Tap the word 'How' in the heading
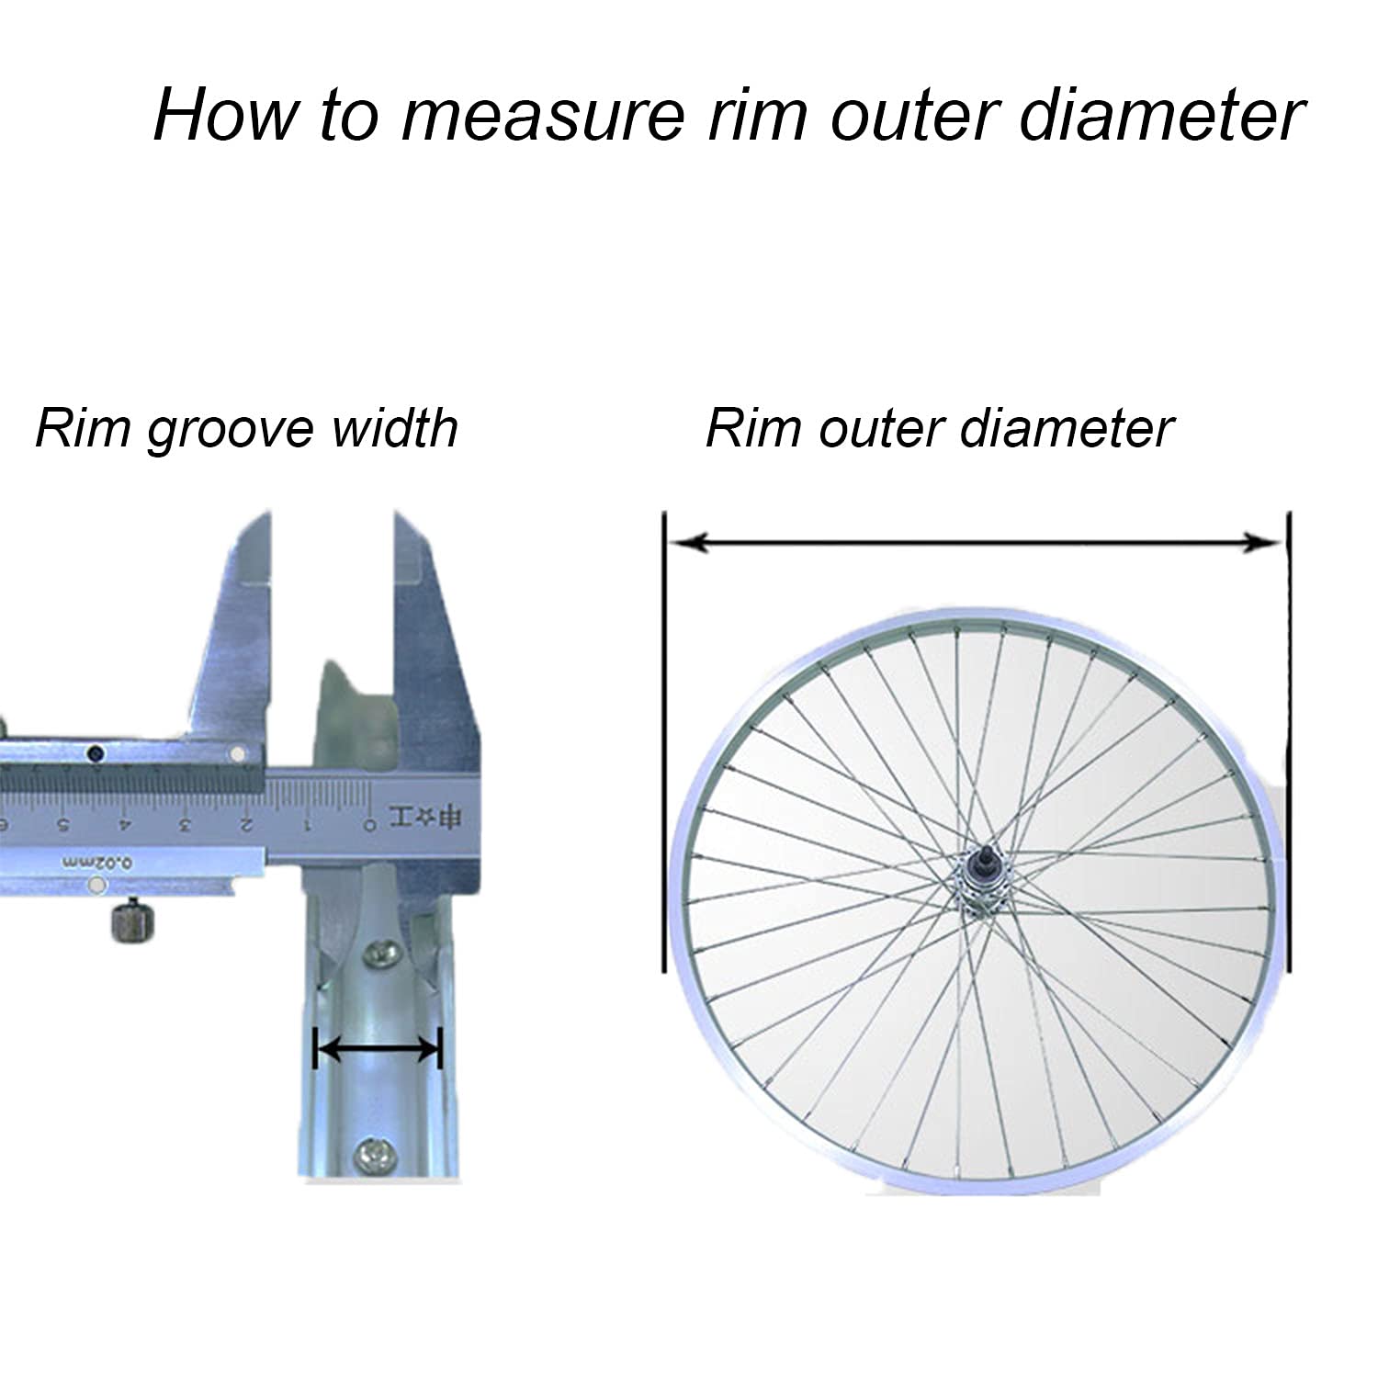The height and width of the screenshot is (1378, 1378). point(226,116)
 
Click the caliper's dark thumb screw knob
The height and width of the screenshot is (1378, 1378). point(130,921)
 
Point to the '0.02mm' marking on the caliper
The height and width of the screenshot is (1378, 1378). point(98,863)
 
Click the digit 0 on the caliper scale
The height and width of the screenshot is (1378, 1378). point(369,824)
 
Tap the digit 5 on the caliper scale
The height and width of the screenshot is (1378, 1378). point(62,824)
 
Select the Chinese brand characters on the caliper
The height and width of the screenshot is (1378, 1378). point(424,818)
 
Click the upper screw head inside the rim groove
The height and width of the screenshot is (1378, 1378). point(379,954)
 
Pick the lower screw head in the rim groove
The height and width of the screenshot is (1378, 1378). point(376,1153)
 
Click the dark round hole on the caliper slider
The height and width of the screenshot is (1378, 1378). point(94,754)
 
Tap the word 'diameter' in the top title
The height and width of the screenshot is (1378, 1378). point(1161,116)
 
